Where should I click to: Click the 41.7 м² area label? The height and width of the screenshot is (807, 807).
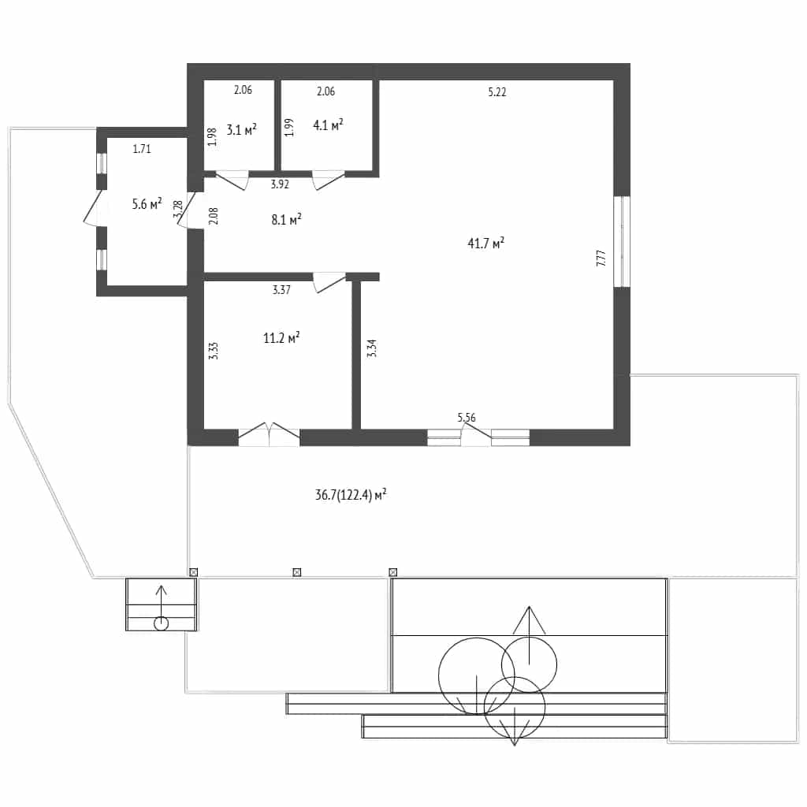(485, 243)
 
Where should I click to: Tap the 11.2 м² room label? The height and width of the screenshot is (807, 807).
(281, 337)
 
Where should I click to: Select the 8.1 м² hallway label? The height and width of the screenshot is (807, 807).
(286, 220)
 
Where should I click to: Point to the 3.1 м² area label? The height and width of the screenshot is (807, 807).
(241, 129)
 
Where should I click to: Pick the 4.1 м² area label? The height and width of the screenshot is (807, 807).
(328, 125)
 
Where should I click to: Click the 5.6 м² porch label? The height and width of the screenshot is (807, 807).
(147, 204)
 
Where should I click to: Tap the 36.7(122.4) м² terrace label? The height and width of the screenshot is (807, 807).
(351, 495)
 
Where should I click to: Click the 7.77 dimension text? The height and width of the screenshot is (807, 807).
(601, 258)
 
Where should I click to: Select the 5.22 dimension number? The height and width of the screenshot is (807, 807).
(497, 92)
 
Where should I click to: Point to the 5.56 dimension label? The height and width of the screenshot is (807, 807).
(467, 418)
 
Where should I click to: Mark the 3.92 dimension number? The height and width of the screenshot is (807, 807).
(280, 184)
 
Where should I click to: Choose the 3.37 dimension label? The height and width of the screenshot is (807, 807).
(281, 290)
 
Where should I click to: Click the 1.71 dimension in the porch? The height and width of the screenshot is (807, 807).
(142, 149)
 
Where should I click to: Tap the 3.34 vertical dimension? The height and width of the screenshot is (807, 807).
(372, 348)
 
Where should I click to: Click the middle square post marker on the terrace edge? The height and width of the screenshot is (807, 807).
(297, 572)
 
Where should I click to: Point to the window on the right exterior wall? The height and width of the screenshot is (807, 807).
(623, 241)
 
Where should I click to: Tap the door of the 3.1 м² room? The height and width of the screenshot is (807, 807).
(232, 180)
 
